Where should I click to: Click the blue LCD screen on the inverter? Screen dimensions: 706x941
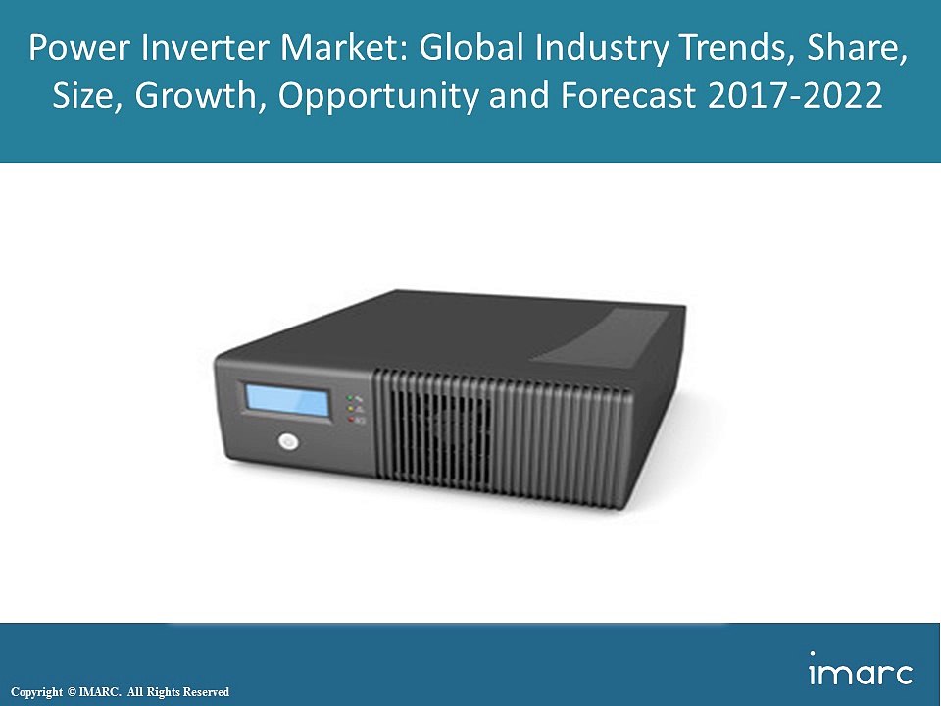[x=287, y=400]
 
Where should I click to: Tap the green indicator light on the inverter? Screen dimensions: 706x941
[x=350, y=398]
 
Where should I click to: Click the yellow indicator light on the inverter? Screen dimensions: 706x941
[x=350, y=409]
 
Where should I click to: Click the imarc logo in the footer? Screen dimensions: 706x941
[x=861, y=671]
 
